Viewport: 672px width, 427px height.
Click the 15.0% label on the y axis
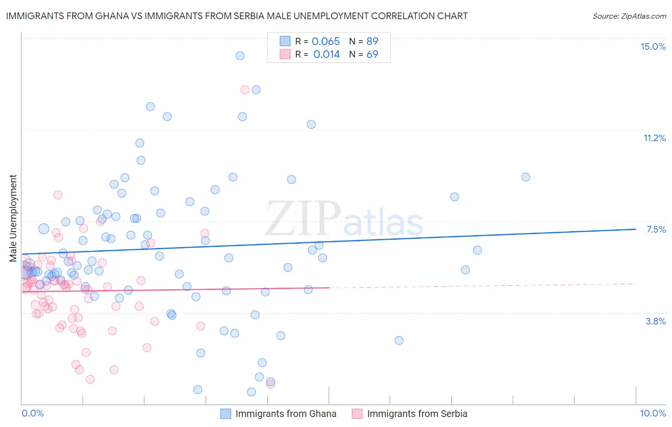click(x=653, y=46)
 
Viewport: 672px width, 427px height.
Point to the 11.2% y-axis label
click(x=654, y=138)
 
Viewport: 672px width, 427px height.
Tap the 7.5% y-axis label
click(x=656, y=229)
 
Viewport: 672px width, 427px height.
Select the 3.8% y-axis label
click(x=656, y=321)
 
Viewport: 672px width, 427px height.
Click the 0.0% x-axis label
click(x=33, y=413)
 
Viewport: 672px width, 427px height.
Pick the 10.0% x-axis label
click(x=653, y=413)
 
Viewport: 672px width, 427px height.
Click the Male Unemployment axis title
click(x=13, y=218)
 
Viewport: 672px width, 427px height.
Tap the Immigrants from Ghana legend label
click(x=286, y=414)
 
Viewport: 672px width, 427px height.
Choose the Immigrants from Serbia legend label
click(x=417, y=414)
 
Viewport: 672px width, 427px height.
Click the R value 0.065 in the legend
click(x=325, y=42)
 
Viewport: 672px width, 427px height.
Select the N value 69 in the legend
click(x=372, y=55)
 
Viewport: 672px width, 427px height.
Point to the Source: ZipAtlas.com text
click(x=629, y=16)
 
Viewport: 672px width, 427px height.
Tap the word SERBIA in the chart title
click(x=268, y=16)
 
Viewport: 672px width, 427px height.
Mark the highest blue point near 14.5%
click(x=240, y=56)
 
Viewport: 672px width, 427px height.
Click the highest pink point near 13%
click(x=245, y=90)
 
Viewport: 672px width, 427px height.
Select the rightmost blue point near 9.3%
click(x=526, y=177)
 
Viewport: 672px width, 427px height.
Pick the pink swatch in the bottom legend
click(x=357, y=414)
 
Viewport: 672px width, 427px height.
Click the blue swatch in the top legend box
click(x=285, y=41)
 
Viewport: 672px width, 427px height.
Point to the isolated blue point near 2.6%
click(x=399, y=340)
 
